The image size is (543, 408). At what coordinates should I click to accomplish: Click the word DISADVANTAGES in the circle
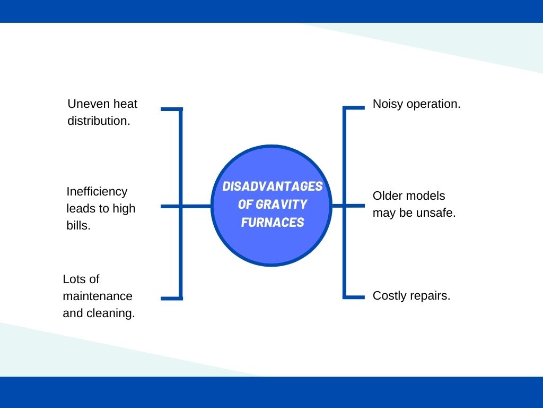pos(272,187)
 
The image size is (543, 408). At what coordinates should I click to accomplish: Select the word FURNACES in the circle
pos(272,222)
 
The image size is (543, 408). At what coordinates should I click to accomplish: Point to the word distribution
pos(99,121)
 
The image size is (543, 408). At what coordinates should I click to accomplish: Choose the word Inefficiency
pos(97,191)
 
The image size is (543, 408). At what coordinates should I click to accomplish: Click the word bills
pos(78,225)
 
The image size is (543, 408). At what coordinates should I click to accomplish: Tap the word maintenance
pos(98,296)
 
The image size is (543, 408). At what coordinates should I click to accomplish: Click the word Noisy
pos(388,104)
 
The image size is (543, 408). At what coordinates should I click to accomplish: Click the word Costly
pos(389,296)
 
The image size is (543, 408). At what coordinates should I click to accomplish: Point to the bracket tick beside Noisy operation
pos(355,108)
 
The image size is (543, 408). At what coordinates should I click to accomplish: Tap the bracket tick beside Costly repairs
pos(355,296)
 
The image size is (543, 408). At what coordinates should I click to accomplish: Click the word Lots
pos(74,279)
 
